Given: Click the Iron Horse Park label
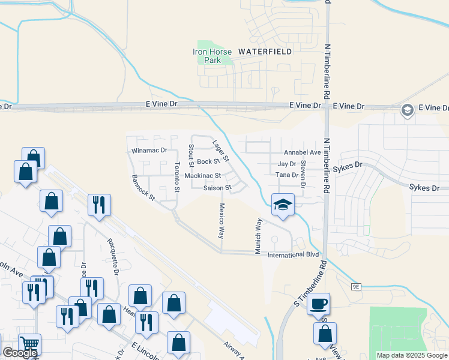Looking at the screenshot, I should tap(208, 56).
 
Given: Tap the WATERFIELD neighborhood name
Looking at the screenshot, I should tap(265, 52).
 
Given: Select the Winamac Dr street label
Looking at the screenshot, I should tap(148, 151).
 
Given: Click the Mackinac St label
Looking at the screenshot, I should tap(203, 176).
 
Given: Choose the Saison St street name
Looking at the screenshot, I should tap(217, 188).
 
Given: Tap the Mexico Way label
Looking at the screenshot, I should tap(221, 220).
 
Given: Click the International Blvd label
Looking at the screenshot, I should tap(293, 255).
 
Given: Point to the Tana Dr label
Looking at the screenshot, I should tap(288, 175).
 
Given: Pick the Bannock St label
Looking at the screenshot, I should tap(143, 187).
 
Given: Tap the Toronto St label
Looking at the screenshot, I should tap(177, 178).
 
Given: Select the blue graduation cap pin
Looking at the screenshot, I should tap(282, 205).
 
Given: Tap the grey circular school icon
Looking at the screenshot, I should tap(407, 110).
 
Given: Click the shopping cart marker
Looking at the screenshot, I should tap(29, 344).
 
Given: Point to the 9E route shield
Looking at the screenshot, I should tap(356, 287).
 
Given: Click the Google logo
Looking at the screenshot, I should tap(20, 353).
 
